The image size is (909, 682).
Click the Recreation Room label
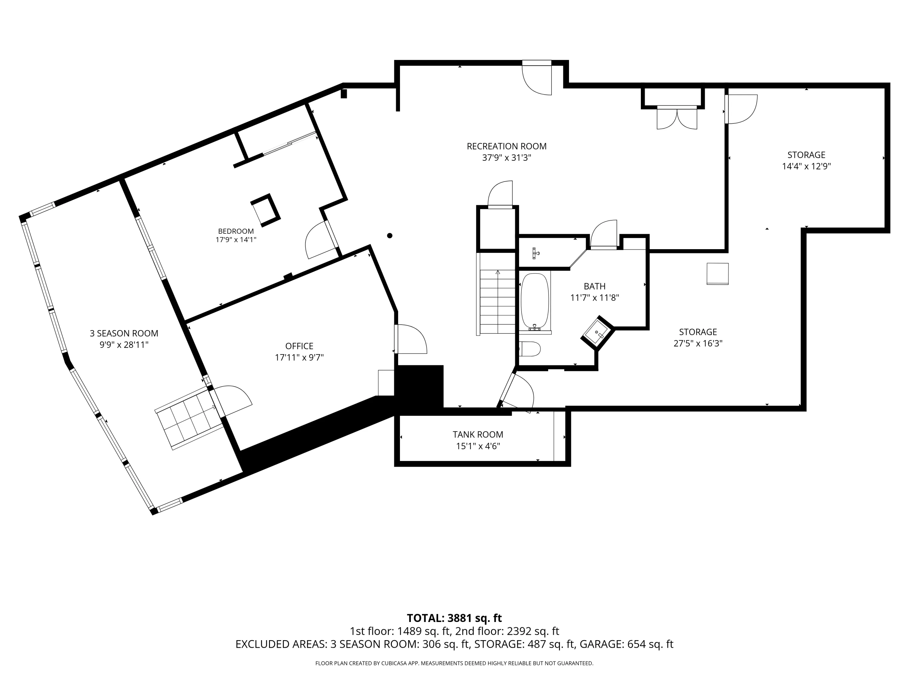506,146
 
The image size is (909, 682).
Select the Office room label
299,346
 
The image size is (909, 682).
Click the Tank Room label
478,435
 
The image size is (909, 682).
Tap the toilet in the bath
530,349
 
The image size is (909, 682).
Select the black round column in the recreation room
390,236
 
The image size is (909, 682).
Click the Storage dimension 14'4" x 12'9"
806,166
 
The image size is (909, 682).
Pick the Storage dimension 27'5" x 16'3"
698,343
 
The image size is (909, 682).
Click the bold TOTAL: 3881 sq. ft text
454,618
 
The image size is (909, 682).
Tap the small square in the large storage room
718,274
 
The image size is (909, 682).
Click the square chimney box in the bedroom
265,210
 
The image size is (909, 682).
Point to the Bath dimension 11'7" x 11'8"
594,298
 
